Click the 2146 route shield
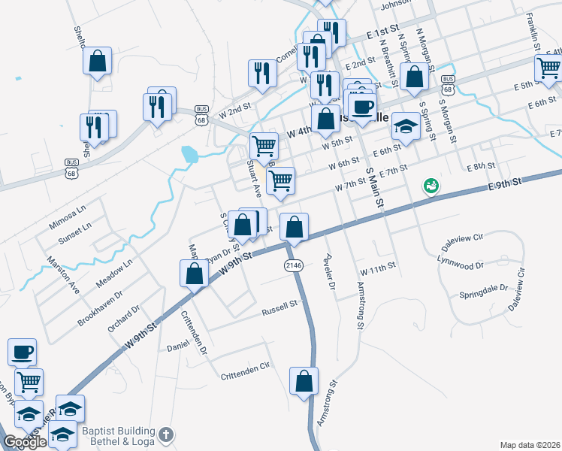coord(293,266)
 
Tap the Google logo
coord(24,442)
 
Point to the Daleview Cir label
coord(464,238)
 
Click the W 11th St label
coord(377,270)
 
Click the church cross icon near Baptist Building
coord(166,435)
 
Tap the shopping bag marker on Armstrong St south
coord(304,380)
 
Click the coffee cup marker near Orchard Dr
coord(22,351)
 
